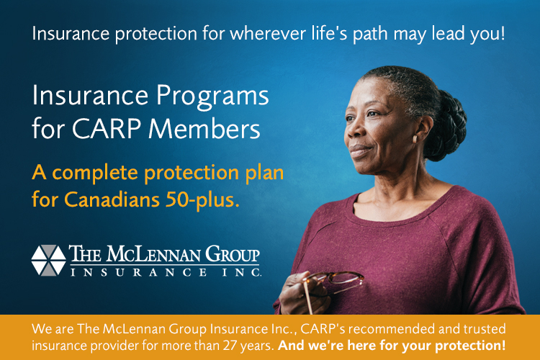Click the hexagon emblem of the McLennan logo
click(48, 261)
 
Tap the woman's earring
click(415, 139)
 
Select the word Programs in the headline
click(212, 96)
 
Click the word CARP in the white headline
click(107, 129)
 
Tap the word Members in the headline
click(204, 129)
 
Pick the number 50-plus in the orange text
click(202, 200)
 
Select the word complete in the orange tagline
click(95, 174)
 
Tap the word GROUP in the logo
click(233, 254)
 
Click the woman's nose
click(355, 130)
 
